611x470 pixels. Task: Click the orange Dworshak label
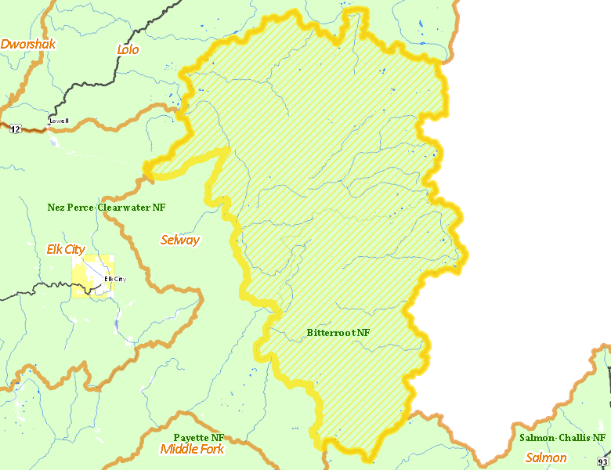pos(28,44)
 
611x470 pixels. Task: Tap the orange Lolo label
pos(128,49)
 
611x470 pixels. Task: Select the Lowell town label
pos(59,121)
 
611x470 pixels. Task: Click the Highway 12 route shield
pos(15,129)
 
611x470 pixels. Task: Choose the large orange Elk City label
pos(66,249)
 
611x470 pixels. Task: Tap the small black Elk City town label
pos(114,279)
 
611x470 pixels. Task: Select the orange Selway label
pos(179,240)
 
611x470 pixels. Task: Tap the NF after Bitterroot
pos(363,333)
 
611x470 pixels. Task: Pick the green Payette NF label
pos(199,437)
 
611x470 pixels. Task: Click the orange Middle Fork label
pos(192,449)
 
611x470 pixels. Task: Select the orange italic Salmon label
pos(546,457)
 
